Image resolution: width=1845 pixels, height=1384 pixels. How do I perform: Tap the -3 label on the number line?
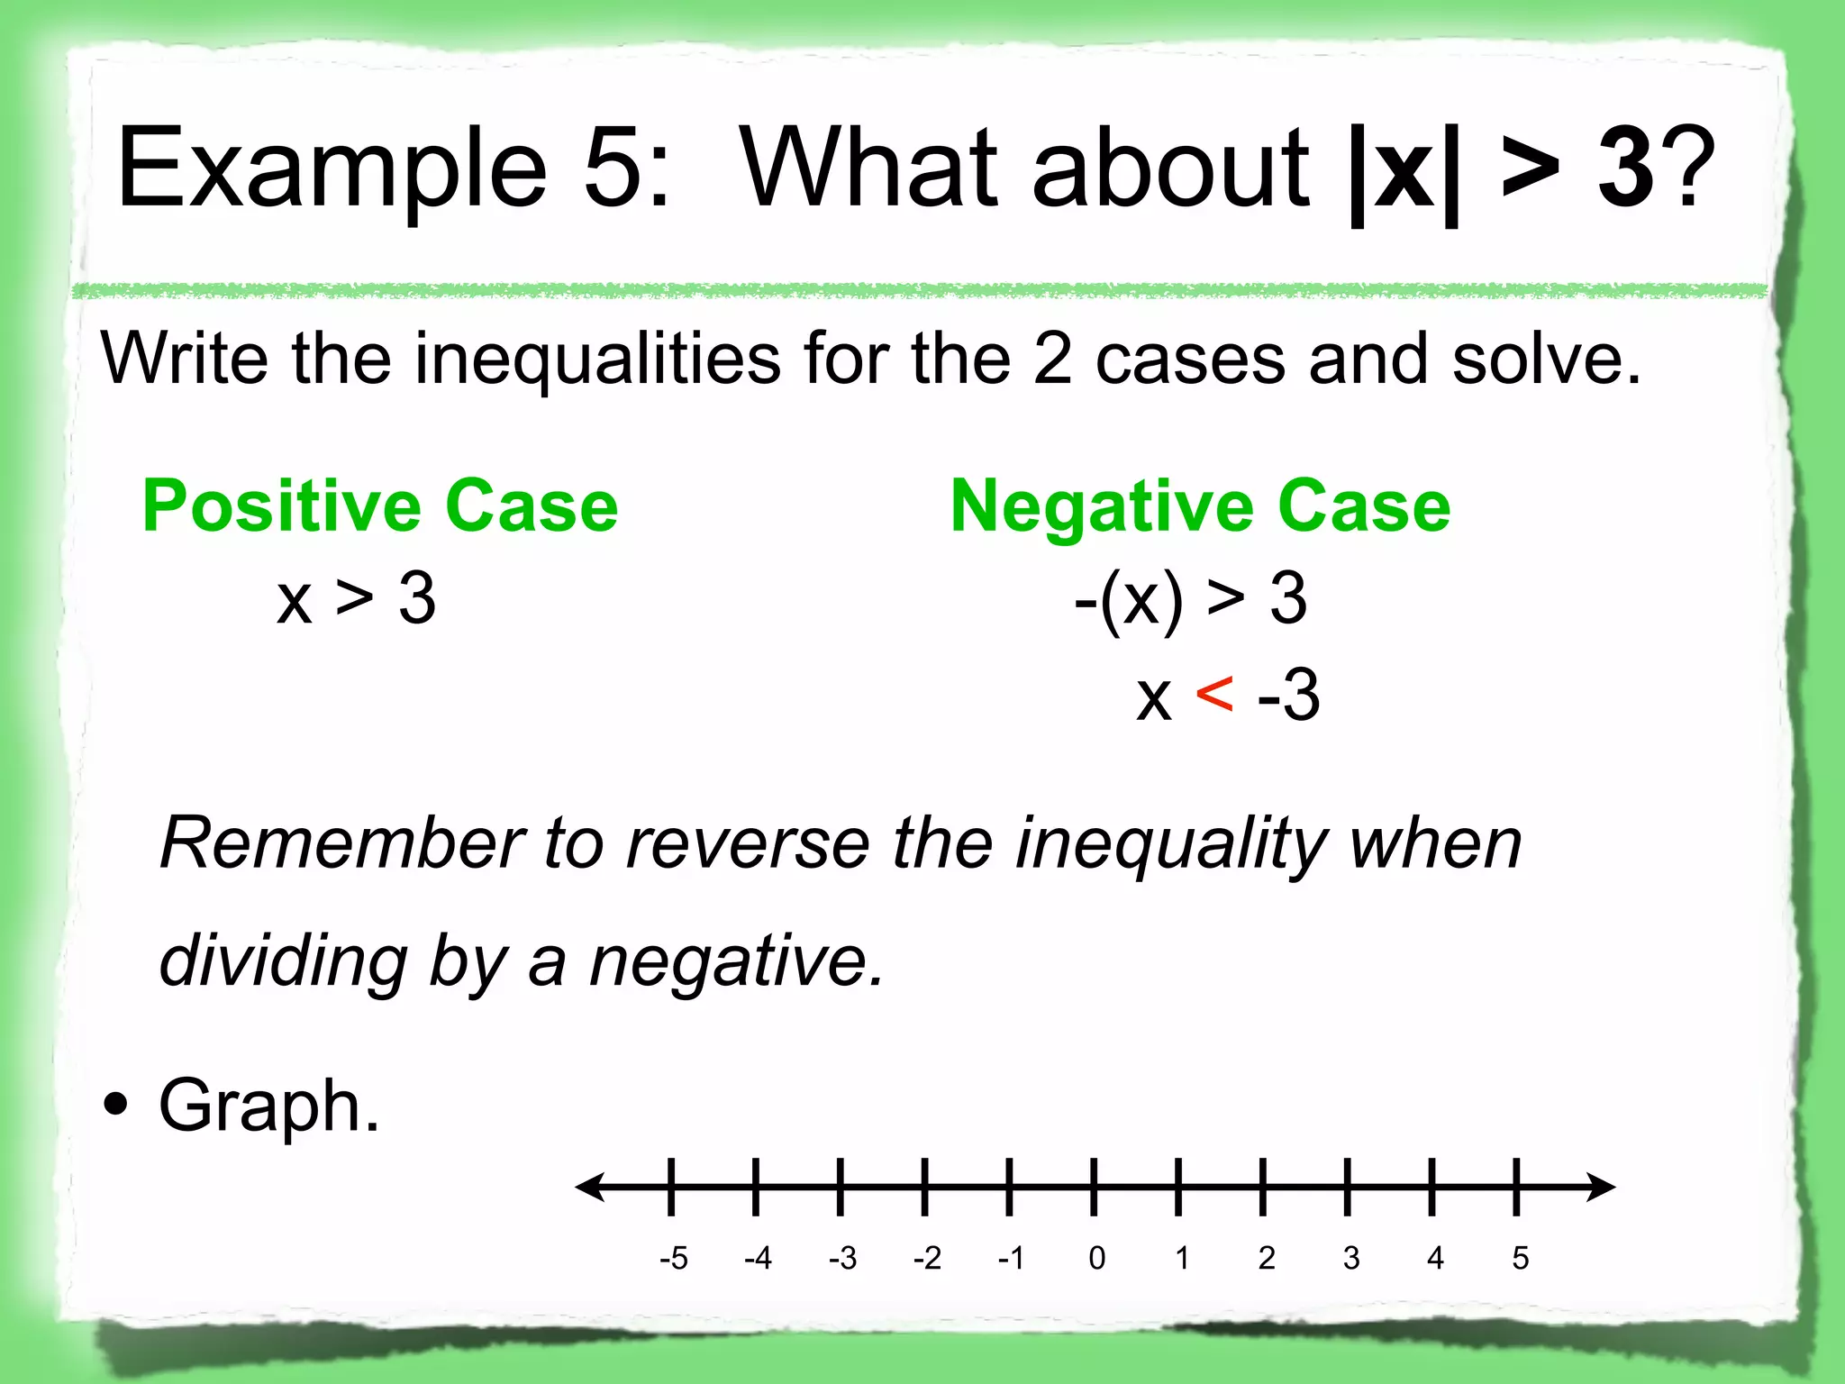[x=842, y=1258]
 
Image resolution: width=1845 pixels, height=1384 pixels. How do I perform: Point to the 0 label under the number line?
[x=1096, y=1258]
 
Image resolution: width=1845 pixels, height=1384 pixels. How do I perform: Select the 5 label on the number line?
[x=1521, y=1258]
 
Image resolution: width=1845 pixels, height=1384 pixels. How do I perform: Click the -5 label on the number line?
[x=673, y=1258]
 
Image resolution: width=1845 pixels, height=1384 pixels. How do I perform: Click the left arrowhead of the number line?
[x=590, y=1187]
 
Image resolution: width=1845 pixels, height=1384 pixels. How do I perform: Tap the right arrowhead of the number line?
[x=1601, y=1187]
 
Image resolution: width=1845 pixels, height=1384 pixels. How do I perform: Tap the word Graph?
[x=268, y=1107]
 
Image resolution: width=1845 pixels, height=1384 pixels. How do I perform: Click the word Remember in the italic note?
[x=341, y=843]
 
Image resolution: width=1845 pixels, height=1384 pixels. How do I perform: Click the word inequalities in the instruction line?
[x=597, y=360]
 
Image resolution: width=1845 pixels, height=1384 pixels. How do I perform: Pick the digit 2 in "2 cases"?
[x=1051, y=360]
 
